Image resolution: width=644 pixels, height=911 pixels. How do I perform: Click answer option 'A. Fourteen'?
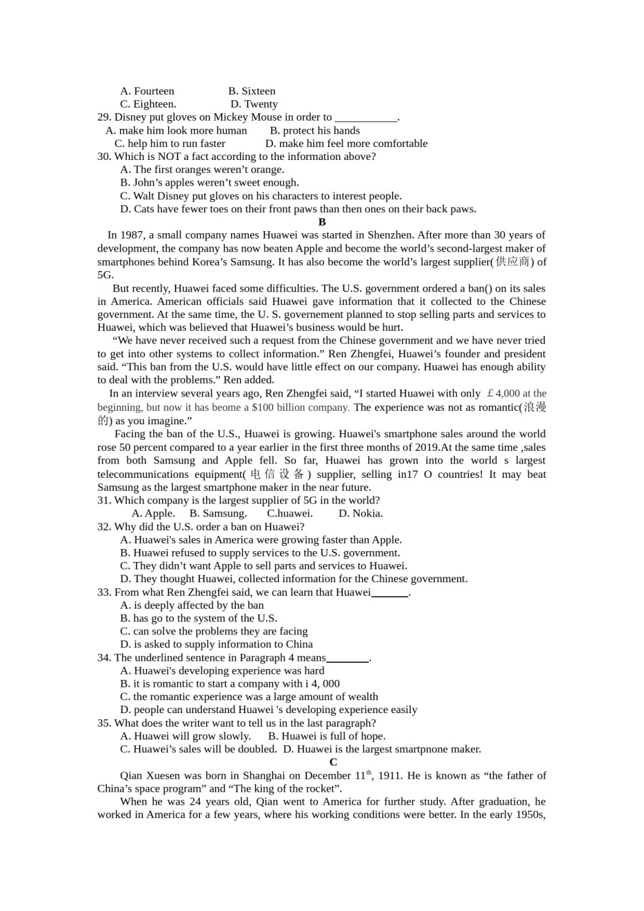pos(147,91)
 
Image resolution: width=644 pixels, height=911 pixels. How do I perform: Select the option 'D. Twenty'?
pos(254,104)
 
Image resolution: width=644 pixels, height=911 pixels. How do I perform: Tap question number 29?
pos(104,117)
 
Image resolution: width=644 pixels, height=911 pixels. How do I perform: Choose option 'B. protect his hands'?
pos(315,130)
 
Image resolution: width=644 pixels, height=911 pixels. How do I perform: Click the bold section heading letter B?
pos(322,222)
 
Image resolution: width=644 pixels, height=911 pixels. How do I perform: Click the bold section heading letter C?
pos(333,763)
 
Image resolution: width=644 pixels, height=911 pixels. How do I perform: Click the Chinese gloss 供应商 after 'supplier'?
pos(512,262)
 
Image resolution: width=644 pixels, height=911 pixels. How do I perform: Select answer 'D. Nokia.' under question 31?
pos(361,514)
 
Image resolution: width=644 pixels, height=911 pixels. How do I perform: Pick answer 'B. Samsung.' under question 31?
pos(218,514)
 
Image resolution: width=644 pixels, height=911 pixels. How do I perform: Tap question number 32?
pos(104,527)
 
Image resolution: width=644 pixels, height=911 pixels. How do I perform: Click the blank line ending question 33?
pos(390,593)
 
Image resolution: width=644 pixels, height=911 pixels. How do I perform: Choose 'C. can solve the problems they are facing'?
pos(214,632)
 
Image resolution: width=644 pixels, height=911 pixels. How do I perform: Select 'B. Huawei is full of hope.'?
pos(327,736)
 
